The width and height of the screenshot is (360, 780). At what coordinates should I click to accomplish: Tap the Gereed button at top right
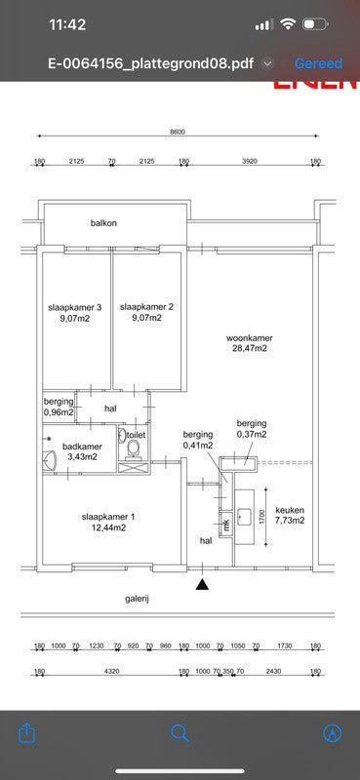(x=318, y=63)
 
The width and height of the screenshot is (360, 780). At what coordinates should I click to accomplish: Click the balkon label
(x=103, y=223)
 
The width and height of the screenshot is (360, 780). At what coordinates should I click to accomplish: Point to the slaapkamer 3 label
(x=74, y=306)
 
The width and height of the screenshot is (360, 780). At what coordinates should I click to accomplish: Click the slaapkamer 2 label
(x=146, y=306)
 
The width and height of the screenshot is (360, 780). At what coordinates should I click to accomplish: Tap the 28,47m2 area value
(x=249, y=348)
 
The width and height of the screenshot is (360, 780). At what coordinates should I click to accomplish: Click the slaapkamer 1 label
(x=108, y=516)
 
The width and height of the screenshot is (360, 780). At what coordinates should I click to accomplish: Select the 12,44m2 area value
(x=108, y=527)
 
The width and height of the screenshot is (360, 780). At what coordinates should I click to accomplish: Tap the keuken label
(x=290, y=510)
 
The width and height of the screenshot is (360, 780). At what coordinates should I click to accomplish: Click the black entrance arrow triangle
(x=202, y=584)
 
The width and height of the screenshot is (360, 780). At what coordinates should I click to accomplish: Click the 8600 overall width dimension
(x=177, y=132)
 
